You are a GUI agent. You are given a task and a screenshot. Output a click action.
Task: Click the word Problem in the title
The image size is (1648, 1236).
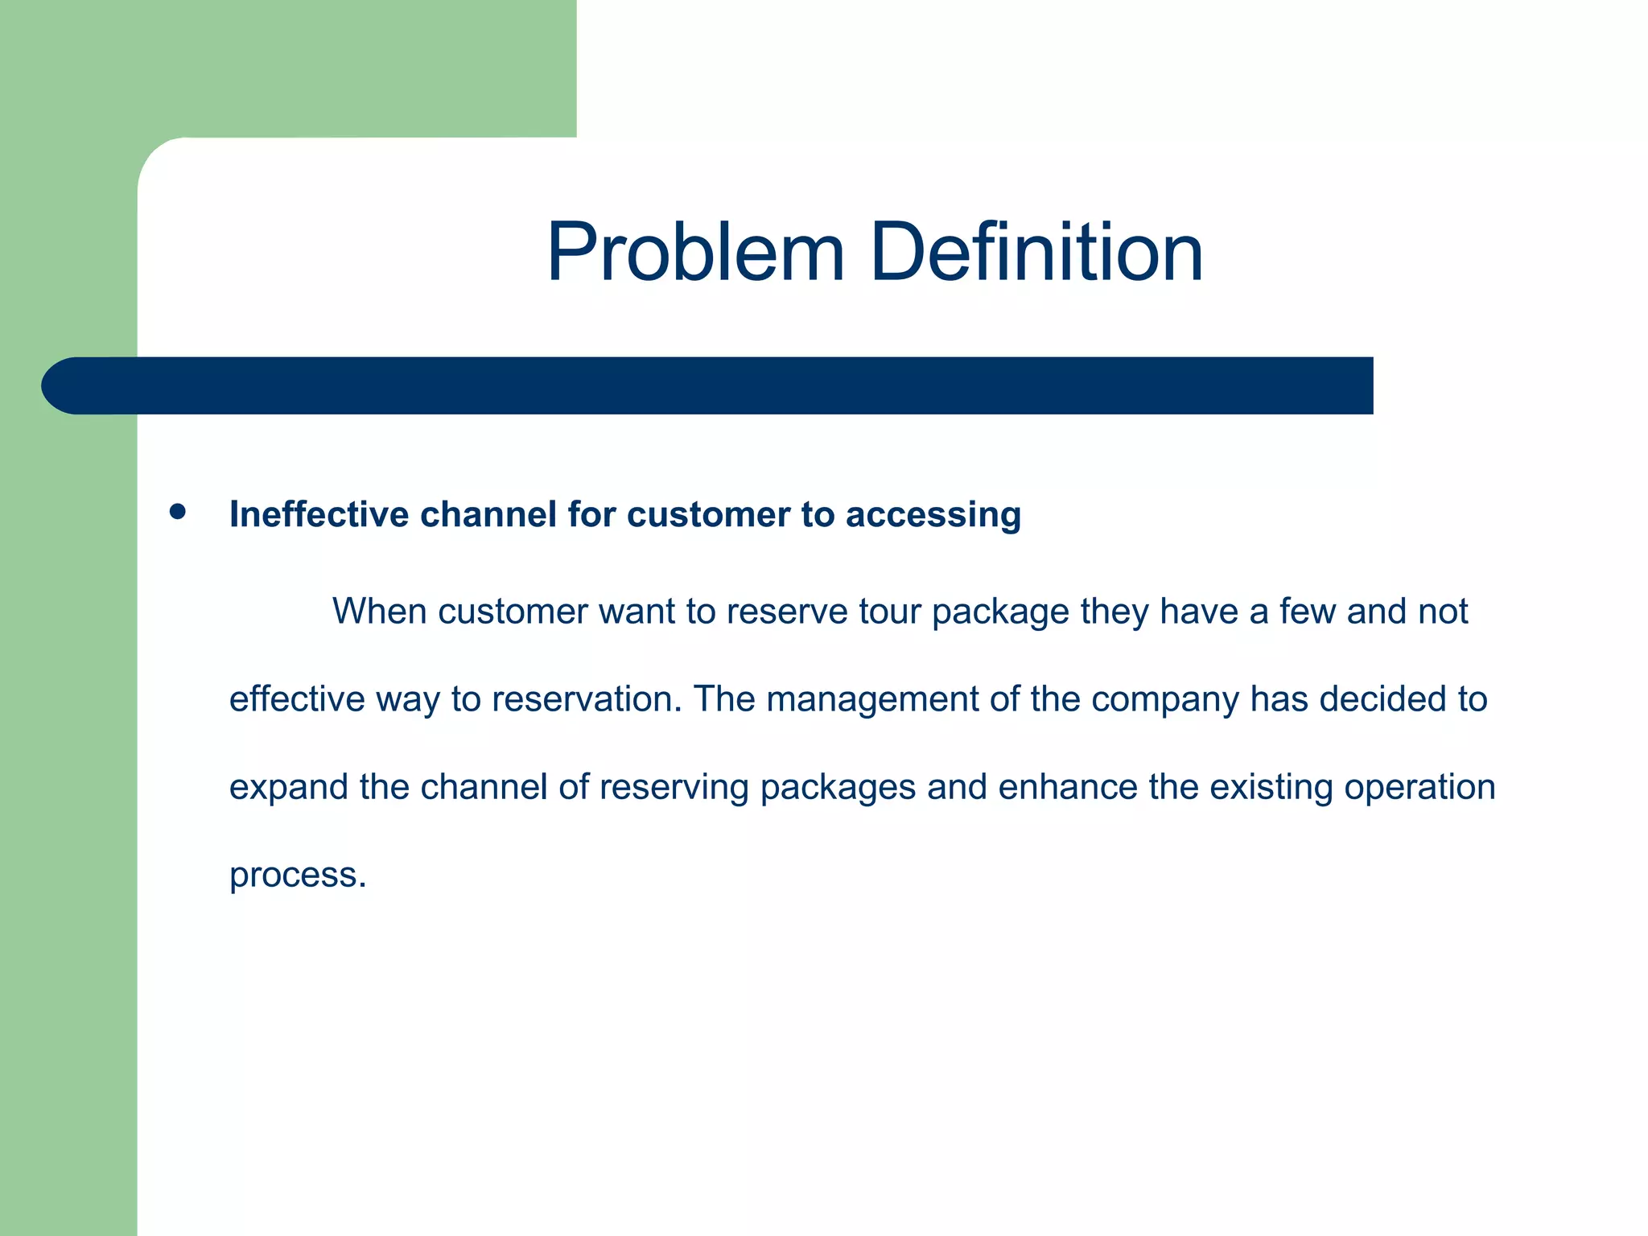[695, 253]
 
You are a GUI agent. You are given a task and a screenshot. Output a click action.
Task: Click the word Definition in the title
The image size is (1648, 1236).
[1036, 253]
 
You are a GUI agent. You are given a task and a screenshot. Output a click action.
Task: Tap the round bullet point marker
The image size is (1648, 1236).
[178, 512]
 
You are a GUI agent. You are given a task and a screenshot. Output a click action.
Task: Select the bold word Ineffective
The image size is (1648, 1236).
[319, 515]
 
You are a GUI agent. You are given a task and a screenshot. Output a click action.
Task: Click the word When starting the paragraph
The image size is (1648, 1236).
[380, 612]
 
